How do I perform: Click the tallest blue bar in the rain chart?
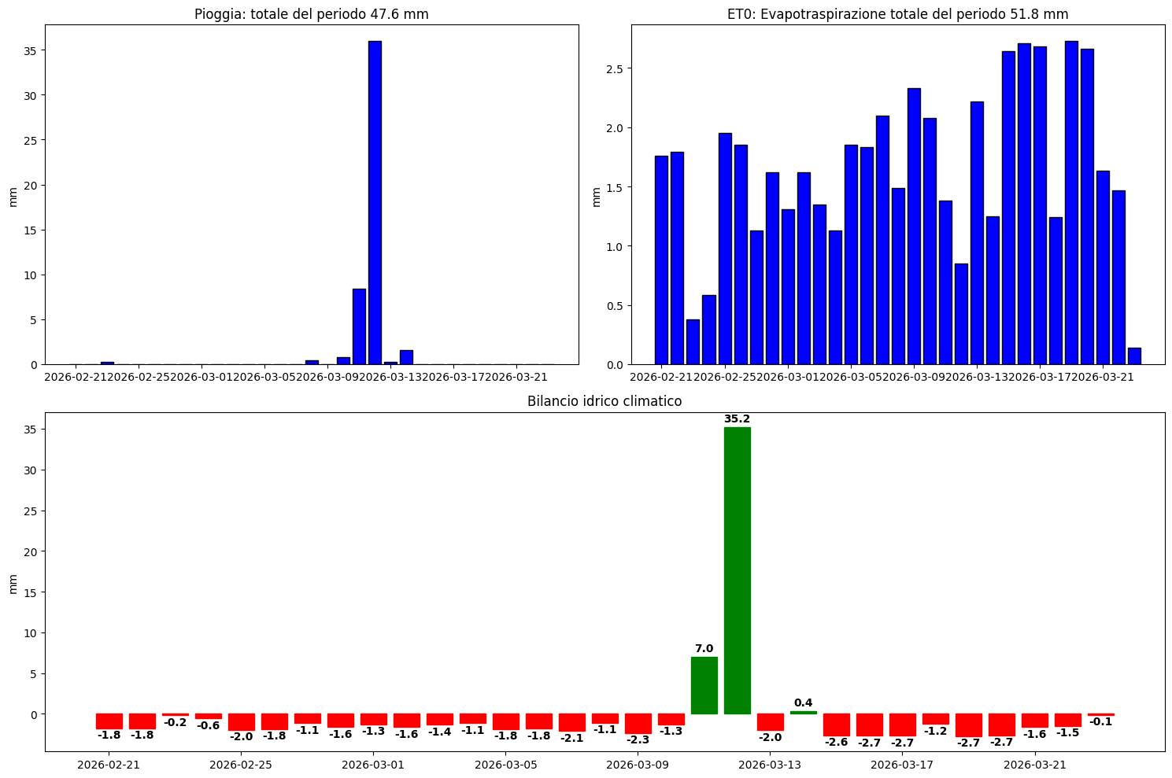[375, 203]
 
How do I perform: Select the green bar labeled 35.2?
[737, 570]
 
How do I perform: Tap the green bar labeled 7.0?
[704, 685]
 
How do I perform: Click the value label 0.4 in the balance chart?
[803, 702]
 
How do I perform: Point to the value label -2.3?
[638, 739]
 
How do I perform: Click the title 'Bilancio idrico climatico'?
[604, 401]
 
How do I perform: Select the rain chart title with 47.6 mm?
[312, 14]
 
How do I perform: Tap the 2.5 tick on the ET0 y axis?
[613, 69]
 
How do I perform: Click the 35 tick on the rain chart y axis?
[31, 51]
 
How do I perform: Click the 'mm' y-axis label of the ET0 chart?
[596, 196]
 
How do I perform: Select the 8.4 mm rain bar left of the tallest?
[359, 326]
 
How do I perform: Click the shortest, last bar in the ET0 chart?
[1134, 356]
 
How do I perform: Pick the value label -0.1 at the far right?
[1100, 721]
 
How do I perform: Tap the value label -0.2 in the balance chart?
[175, 722]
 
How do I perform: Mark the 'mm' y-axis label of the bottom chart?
[12, 583]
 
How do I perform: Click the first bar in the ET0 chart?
[661, 260]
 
